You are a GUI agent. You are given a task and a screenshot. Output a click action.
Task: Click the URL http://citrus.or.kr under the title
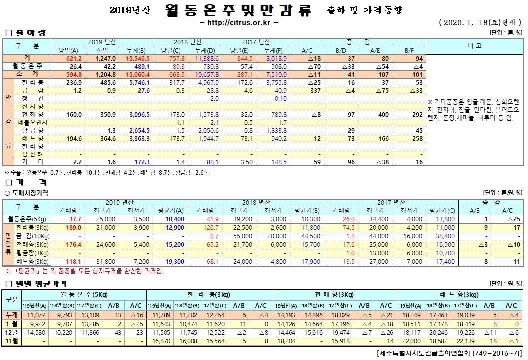239,22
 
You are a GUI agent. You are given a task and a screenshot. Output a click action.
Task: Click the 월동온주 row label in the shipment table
27,66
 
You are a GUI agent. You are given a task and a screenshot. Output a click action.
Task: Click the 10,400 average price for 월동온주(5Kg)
164,219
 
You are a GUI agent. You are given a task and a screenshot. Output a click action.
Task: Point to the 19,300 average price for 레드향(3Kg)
164,261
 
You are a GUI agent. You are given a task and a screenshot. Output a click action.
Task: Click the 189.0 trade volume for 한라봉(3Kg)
74,227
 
